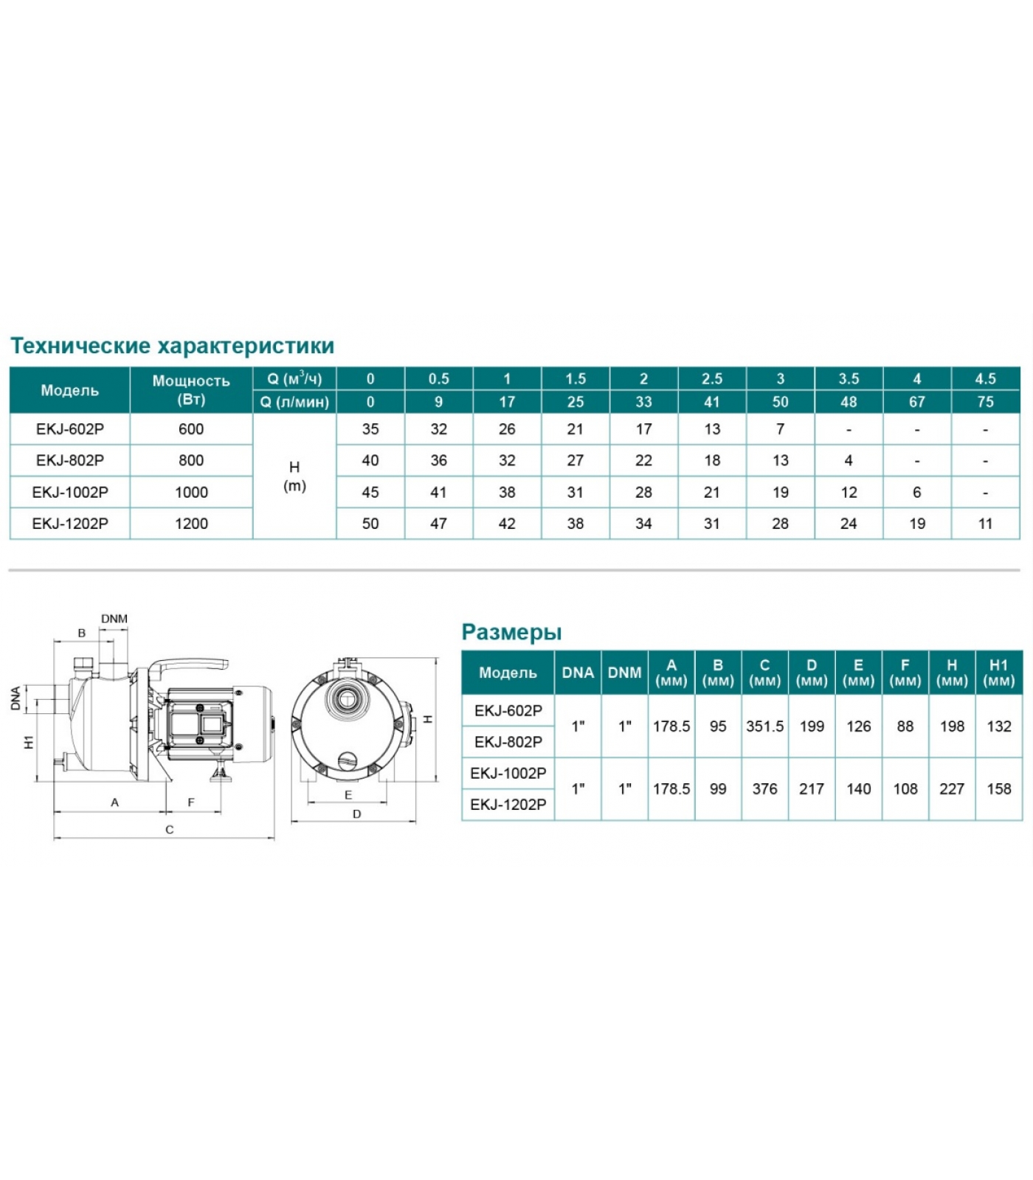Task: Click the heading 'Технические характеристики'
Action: tap(172, 345)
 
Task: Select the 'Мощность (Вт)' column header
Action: tap(191, 390)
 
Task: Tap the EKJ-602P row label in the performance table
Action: tap(70, 429)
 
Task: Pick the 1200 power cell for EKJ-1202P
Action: tap(191, 524)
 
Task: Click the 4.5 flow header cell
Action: tap(985, 379)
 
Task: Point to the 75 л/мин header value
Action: tap(985, 402)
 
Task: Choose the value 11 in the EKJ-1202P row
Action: tap(985, 524)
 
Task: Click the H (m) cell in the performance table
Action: tap(294, 476)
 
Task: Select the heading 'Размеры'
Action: tap(511, 632)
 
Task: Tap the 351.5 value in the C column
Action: tap(764, 726)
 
